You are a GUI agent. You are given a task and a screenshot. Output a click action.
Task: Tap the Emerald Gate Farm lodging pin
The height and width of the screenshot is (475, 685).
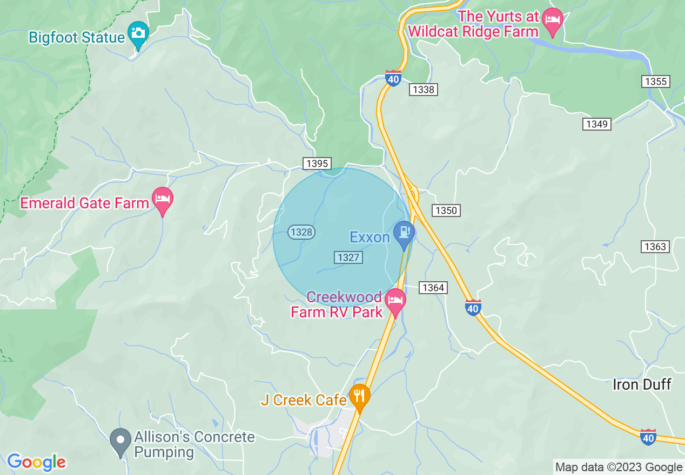click(x=162, y=200)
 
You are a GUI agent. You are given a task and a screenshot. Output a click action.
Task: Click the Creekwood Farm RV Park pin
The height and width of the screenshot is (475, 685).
click(x=395, y=300)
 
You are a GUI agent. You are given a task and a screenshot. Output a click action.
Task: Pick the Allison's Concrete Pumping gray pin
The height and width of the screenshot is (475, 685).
click(x=120, y=440)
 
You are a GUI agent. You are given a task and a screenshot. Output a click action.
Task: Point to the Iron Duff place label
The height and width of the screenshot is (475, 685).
click(x=642, y=384)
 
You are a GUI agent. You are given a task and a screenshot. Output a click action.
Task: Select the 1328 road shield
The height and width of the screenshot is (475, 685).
click(x=301, y=232)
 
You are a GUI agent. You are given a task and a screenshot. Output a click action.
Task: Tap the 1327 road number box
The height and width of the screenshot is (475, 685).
click(x=348, y=257)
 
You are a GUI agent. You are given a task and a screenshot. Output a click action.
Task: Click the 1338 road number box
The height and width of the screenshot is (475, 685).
click(x=423, y=90)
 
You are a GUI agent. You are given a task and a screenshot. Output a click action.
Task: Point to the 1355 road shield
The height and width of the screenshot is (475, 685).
click(x=656, y=82)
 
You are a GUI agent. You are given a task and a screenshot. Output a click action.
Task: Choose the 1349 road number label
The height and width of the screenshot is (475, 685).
click(x=597, y=124)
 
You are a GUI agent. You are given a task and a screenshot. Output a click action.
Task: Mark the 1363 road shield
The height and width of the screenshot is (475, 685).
click(x=656, y=247)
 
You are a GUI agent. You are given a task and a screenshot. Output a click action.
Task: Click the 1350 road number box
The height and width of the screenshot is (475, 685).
click(x=446, y=211)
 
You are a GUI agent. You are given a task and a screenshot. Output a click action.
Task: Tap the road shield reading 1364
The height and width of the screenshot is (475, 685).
click(x=433, y=288)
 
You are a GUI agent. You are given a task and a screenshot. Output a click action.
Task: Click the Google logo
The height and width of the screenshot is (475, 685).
click(x=36, y=462)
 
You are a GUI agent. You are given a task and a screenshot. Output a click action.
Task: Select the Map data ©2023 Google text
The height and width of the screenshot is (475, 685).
click(x=619, y=467)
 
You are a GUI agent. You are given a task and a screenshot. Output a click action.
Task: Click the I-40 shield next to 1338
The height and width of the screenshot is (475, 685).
click(x=393, y=79)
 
